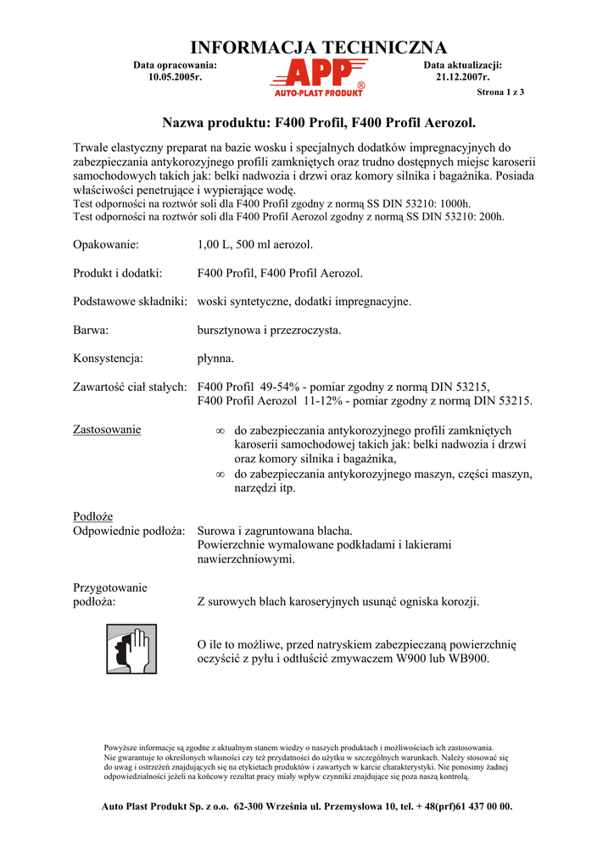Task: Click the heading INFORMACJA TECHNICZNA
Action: (318, 48)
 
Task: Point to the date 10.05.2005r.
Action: (175, 77)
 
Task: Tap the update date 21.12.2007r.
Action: (462, 77)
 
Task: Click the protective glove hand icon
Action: (131, 648)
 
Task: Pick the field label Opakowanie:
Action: (106, 245)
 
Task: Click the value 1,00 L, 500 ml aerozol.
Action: (255, 245)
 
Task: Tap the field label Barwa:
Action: (91, 330)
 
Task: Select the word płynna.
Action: (215, 359)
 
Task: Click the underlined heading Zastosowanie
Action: (108, 430)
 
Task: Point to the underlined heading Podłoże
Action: (93, 516)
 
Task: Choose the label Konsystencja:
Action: (109, 359)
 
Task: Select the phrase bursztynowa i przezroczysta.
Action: (269, 330)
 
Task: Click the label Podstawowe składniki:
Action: (130, 301)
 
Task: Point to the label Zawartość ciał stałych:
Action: (130, 387)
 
